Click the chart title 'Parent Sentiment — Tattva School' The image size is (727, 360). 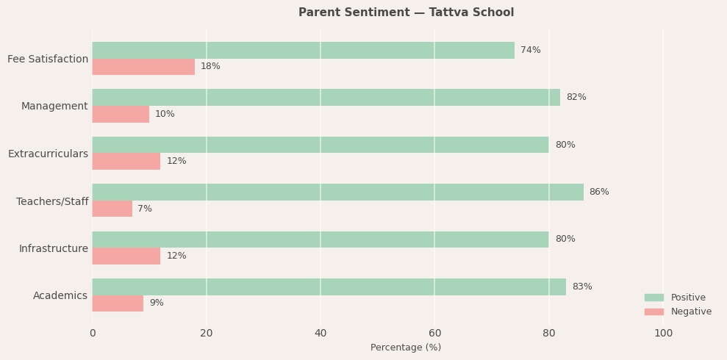coord(406,12)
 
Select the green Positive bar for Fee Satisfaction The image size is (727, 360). coord(303,50)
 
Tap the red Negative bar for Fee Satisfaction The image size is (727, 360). coord(143,67)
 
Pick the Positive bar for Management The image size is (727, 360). coord(326,97)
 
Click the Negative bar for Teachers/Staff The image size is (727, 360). coord(112,209)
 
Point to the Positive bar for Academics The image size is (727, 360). coord(329,287)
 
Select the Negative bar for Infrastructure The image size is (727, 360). coord(126,256)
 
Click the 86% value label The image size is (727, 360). coord(599,192)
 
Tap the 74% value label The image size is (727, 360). coord(530,50)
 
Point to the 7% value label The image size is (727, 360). coord(145,209)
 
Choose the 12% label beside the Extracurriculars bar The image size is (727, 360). coord(176,161)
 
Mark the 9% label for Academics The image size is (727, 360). coord(157,303)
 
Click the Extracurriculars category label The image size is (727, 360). coord(48,154)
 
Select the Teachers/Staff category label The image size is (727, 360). coord(52,201)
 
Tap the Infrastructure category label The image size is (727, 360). coord(53,248)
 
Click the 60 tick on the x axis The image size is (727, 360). coord(435,333)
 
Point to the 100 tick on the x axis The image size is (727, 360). coord(663,333)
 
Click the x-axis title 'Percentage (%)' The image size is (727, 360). coord(406,348)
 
